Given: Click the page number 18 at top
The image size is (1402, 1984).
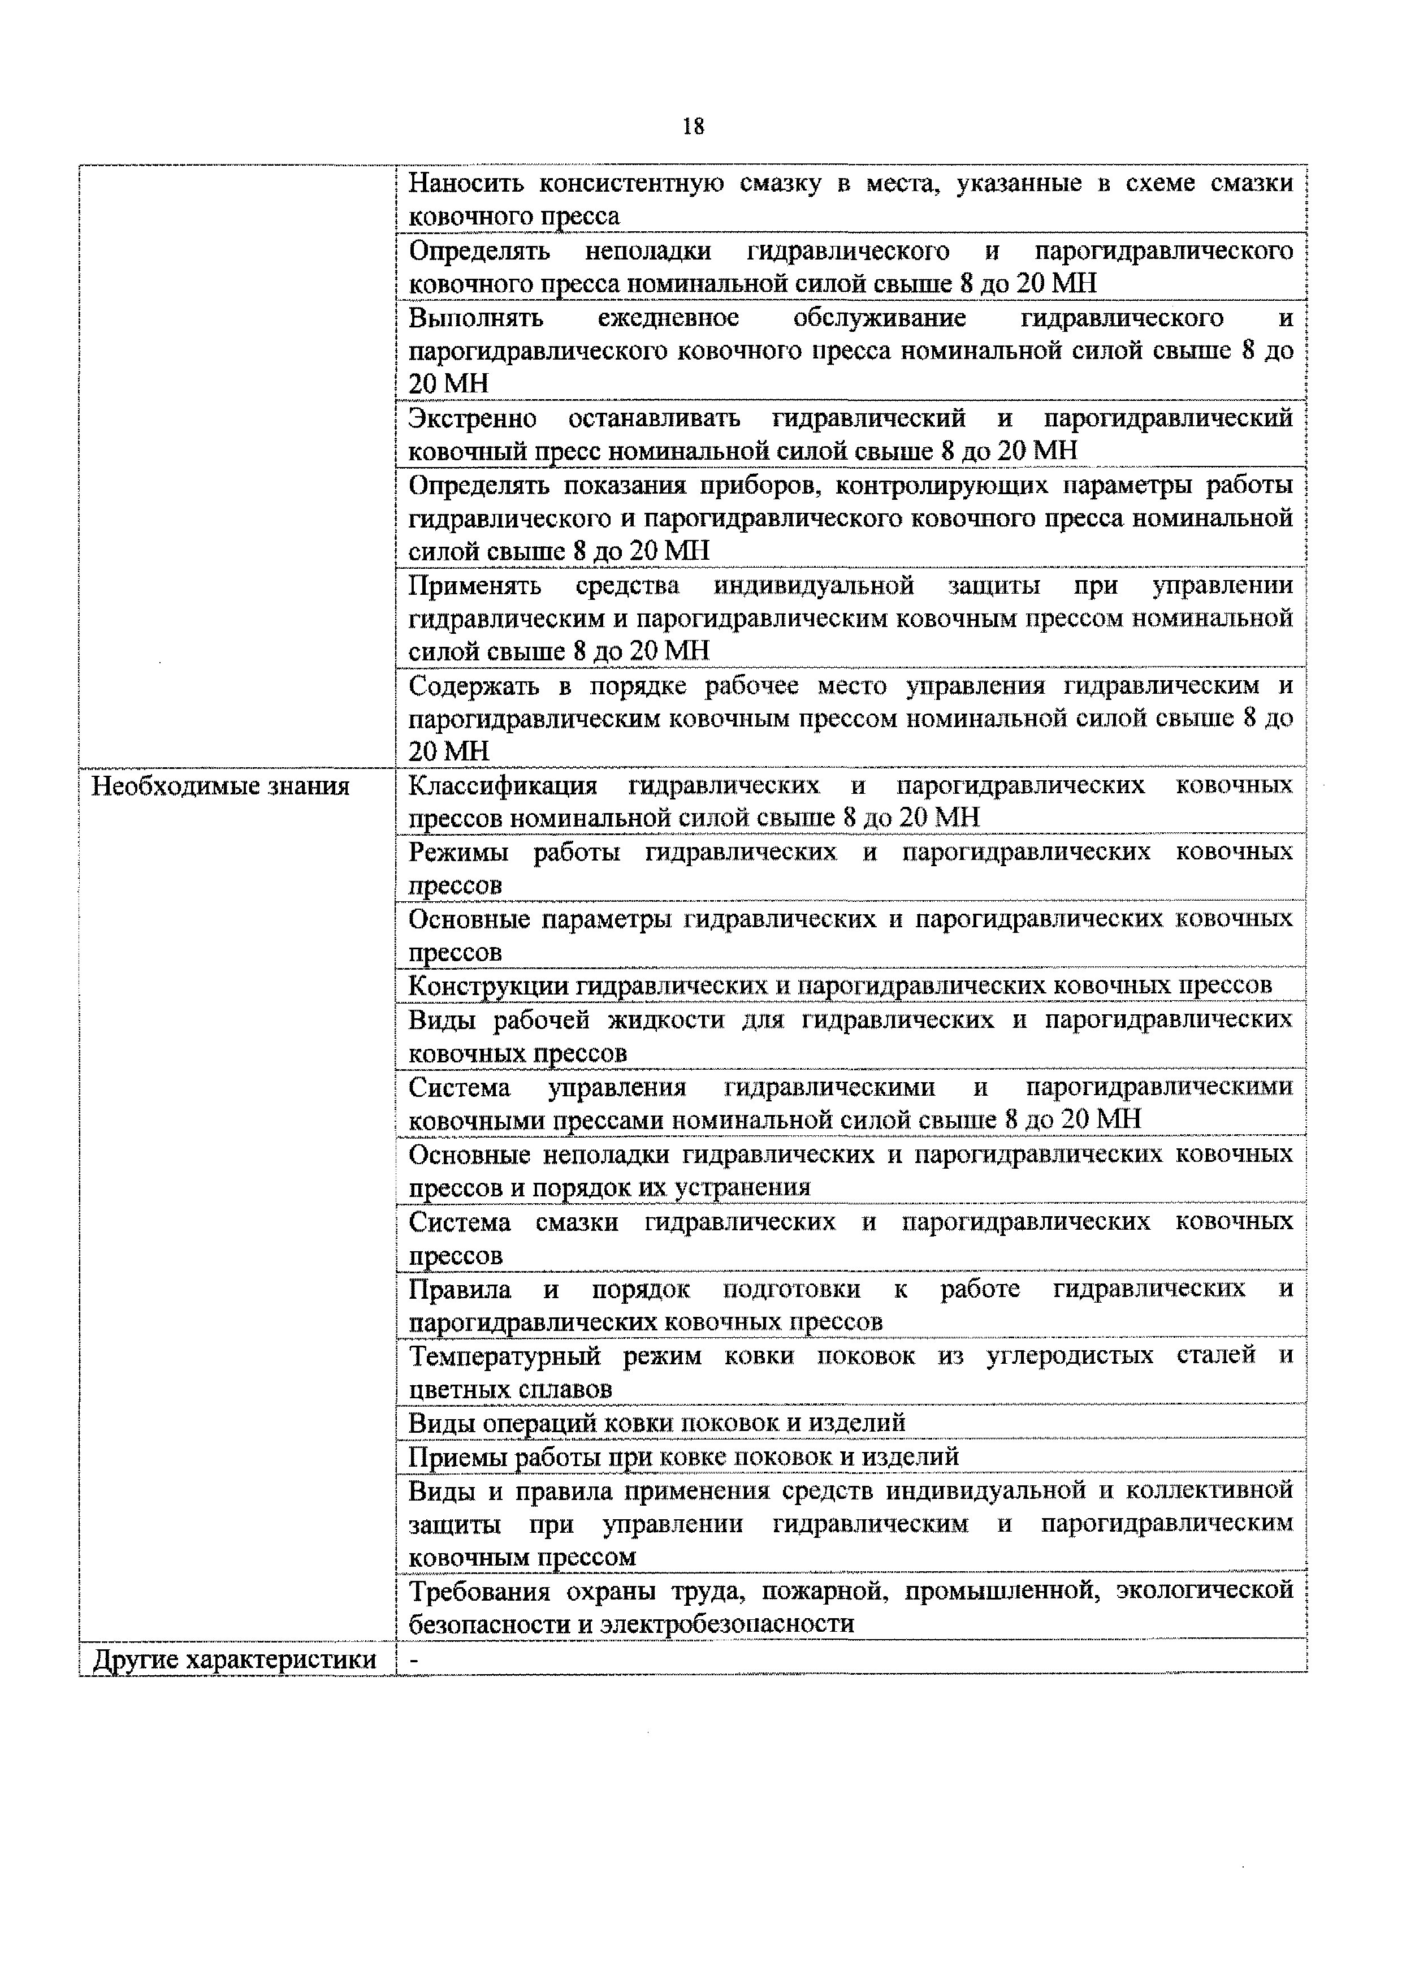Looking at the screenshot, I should pos(693,127).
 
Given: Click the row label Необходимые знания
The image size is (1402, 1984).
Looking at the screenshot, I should pos(220,786).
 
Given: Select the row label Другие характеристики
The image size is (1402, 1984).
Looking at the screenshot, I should pos(234,1660).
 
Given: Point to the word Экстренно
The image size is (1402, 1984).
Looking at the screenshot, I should pos(471,418).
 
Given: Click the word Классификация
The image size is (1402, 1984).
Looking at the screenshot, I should pos(503,785).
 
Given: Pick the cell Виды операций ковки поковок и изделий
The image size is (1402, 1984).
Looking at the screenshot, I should pos(656,1423).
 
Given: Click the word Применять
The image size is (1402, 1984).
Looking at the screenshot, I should pos(474,586).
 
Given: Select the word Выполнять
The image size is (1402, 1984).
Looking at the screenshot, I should pos(475,318).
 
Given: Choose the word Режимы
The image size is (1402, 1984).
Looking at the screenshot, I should pos(458,852).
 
